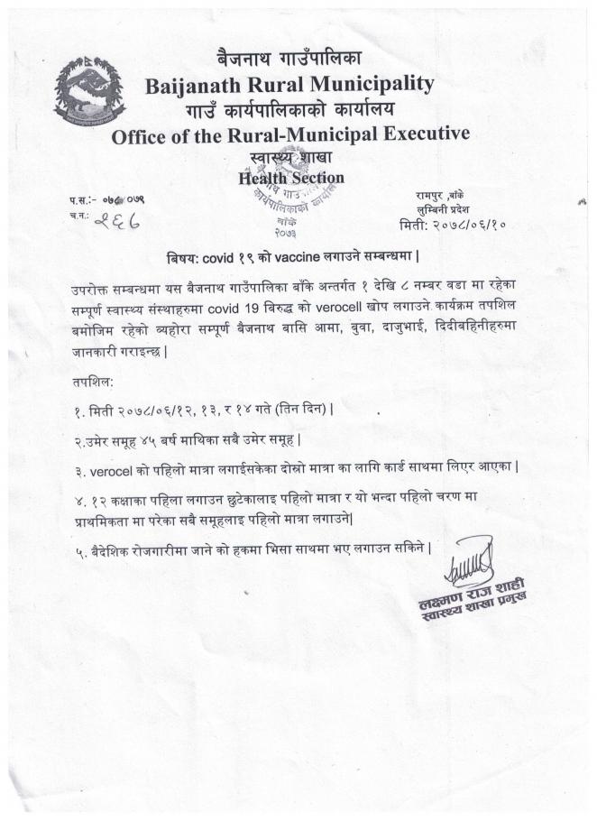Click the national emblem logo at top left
tap(89, 92)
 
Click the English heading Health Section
tap(290, 179)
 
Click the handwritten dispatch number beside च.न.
tap(115, 219)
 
